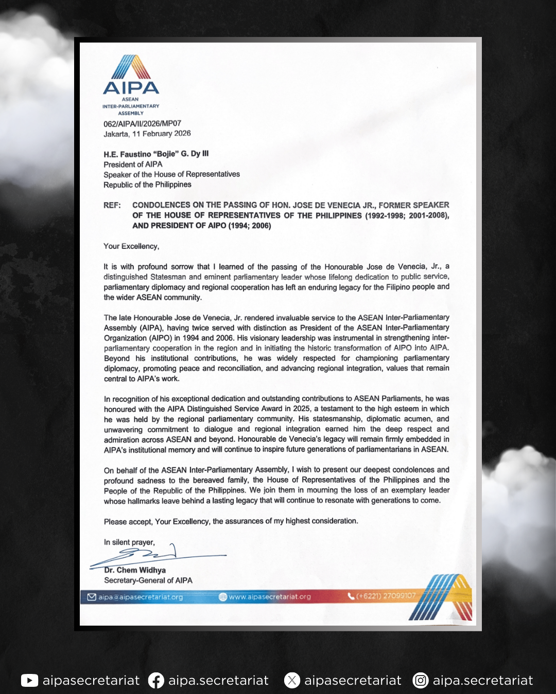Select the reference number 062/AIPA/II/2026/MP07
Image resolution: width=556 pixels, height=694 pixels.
142,123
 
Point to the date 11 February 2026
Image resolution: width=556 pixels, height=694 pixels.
162,134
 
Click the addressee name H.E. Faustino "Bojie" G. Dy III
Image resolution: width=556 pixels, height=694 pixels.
156,154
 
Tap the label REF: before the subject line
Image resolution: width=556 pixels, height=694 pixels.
112,205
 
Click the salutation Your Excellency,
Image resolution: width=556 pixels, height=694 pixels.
131,246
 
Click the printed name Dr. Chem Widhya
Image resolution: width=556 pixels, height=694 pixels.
135,570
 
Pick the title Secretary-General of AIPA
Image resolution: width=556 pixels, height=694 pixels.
148,580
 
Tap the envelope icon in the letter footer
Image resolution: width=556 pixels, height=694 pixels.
92,597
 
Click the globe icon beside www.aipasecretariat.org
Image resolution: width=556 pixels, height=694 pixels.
223,597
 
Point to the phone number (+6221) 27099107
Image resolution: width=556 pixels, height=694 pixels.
386,596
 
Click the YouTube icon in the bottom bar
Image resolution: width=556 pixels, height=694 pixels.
29,681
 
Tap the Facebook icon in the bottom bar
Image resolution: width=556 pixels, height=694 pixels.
156,681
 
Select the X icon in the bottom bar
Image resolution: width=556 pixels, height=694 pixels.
292,681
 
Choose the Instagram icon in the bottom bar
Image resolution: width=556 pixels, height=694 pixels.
421,681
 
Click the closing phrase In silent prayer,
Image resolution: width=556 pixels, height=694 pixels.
129,542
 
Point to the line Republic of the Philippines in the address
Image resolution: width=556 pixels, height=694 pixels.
147,185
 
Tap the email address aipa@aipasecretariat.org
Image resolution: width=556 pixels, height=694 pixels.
141,597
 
